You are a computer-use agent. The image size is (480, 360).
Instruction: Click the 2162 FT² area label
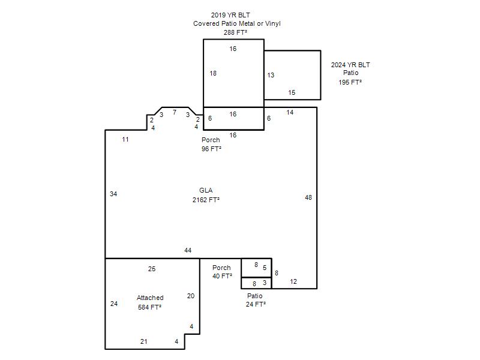coord(206,200)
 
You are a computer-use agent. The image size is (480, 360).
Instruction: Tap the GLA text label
coord(206,190)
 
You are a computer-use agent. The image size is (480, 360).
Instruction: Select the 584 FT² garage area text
coord(149,307)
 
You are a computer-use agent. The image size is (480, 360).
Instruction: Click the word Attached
coord(150,298)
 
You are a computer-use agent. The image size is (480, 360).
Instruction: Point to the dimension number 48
coord(308,198)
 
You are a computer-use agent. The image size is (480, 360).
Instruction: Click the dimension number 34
coord(113,194)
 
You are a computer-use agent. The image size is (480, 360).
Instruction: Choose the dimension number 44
coord(188,250)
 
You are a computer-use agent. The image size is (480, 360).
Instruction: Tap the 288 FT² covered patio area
coord(235,32)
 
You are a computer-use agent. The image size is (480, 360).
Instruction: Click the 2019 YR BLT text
coord(230,15)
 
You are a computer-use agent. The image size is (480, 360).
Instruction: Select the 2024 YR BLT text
coord(350,65)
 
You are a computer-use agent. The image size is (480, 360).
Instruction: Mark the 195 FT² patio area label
coord(350,82)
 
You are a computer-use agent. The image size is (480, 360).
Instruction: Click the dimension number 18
coord(213,73)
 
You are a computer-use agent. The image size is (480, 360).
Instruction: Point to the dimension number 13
coord(271,76)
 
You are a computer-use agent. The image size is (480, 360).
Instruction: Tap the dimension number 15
coord(292,92)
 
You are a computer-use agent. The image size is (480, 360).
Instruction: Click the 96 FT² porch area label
coord(211,149)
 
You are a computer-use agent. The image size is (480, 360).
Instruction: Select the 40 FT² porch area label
coord(222,276)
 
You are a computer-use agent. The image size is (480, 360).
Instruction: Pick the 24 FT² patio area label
coord(256,304)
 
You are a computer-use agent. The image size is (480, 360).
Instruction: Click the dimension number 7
coord(175,112)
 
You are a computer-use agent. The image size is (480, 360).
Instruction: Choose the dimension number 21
coord(144,341)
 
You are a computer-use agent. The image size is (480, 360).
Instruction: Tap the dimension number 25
coord(152,269)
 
